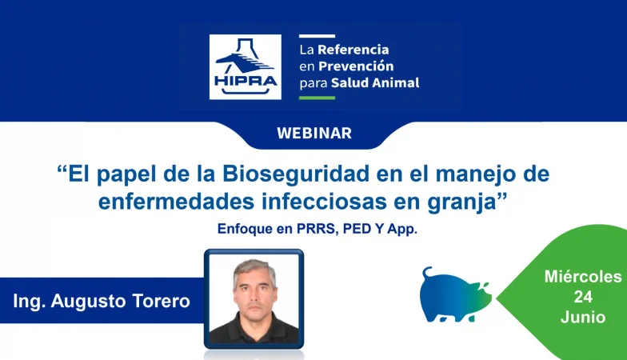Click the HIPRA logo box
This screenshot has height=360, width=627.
pyautogui.click(x=245, y=67)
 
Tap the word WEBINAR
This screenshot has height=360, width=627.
pyautogui.click(x=314, y=133)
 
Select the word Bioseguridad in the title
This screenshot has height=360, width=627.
pyautogui.click(x=296, y=174)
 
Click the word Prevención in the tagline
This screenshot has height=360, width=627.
pyautogui.click(x=356, y=66)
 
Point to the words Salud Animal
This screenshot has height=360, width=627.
pyautogui.click(x=375, y=83)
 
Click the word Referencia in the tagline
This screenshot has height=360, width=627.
pyautogui.click(x=353, y=50)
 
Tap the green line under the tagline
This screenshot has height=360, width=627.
pyautogui.click(x=317, y=98)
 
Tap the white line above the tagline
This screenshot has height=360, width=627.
pyautogui.click(x=317, y=36)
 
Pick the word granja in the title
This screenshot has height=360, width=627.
pyautogui.click(x=462, y=202)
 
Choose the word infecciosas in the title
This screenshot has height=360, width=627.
pyautogui.click(x=325, y=202)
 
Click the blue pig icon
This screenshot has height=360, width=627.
pyautogui.click(x=456, y=294)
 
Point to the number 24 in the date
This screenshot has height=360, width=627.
pyautogui.click(x=583, y=297)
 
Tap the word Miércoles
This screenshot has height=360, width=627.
pyautogui.click(x=583, y=277)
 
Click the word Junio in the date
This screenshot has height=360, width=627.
pyautogui.click(x=583, y=317)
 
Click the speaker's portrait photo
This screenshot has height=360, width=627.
pyautogui.click(x=254, y=299)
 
